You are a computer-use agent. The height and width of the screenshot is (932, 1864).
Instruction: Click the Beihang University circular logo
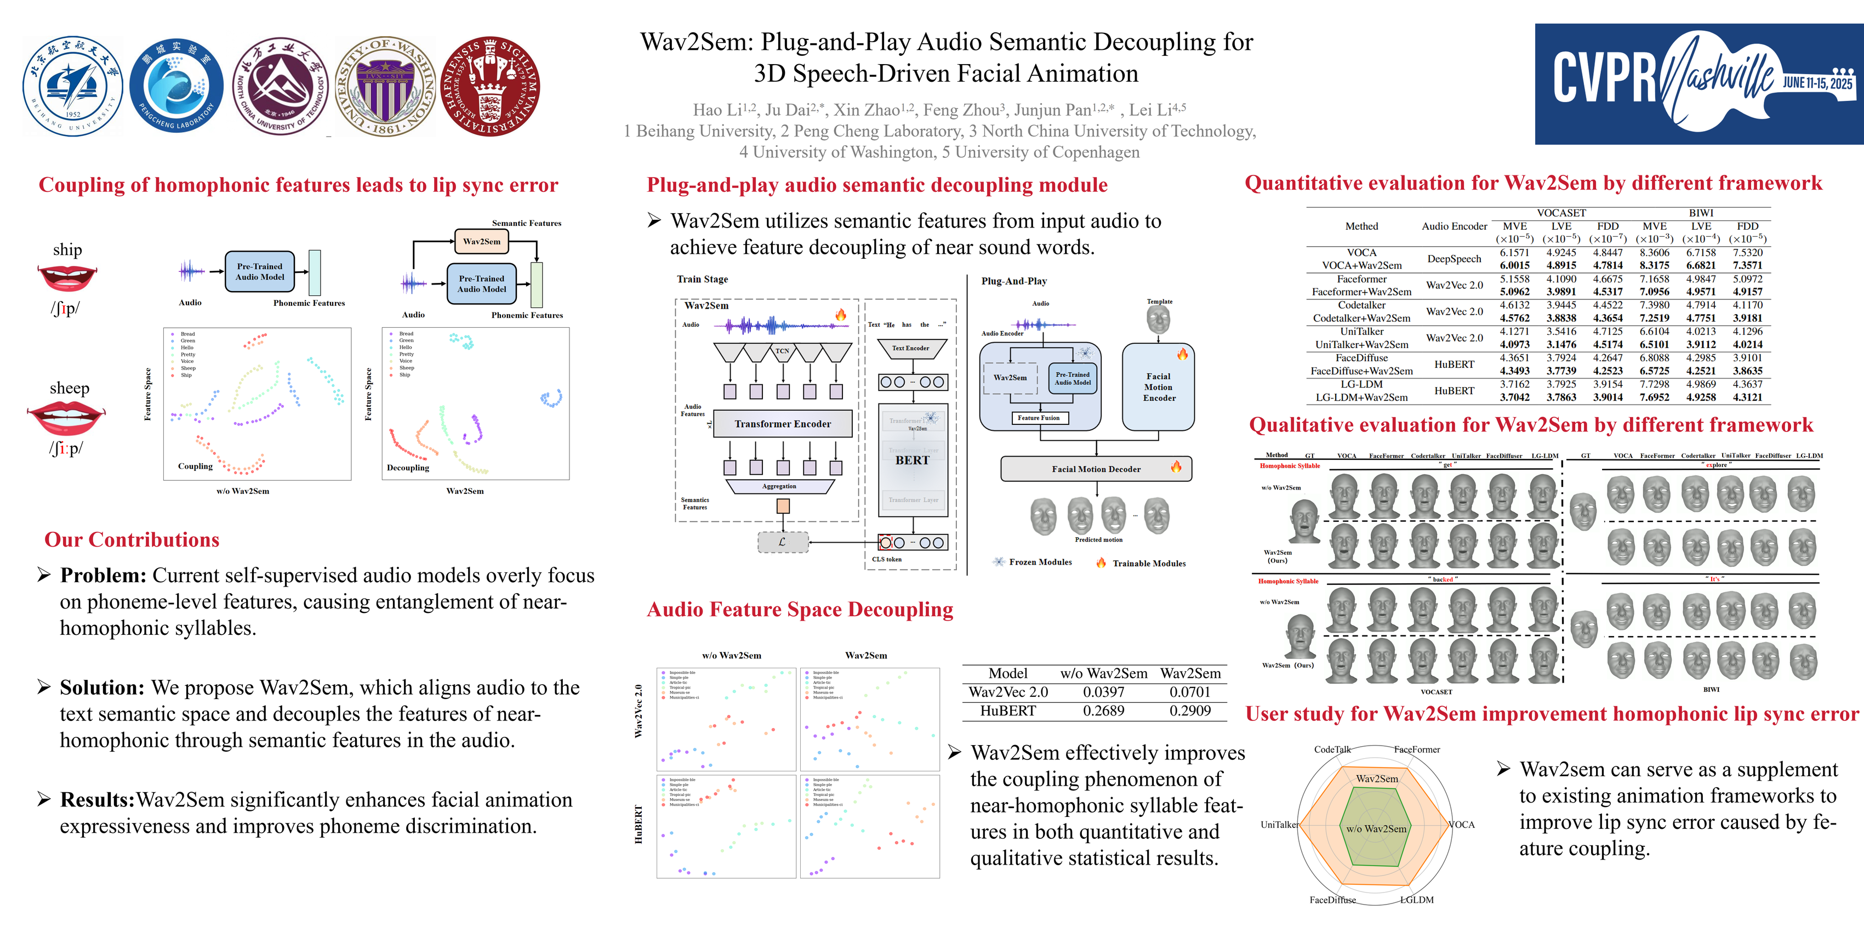tap(72, 87)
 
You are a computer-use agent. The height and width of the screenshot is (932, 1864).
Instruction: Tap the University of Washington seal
tap(387, 87)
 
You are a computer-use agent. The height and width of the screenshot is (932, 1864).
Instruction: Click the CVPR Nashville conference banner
tap(1698, 84)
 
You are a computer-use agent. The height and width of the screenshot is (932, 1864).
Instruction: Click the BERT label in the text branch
tap(913, 460)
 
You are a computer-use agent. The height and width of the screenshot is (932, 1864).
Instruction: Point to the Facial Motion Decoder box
tap(1096, 469)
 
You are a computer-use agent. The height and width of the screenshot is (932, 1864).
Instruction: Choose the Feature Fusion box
tap(1039, 418)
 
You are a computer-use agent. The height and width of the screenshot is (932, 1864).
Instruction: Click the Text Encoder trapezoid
tap(910, 349)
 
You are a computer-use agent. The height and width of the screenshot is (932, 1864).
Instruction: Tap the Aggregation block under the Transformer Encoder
tap(779, 486)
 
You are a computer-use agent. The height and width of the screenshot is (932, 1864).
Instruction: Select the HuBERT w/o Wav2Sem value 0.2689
tap(1103, 711)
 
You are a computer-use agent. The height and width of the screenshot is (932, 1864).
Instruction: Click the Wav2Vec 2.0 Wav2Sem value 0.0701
tap(1190, 692)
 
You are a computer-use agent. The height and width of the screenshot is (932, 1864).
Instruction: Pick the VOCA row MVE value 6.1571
tap(1514, 253)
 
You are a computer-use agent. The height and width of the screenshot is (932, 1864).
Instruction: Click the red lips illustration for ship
tap(66, 278)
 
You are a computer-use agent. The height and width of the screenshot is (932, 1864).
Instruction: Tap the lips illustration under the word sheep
tap(66, 418)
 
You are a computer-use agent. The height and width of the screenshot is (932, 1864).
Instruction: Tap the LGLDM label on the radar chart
tap(1416, 900)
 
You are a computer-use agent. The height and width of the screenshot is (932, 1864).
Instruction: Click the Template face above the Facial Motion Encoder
tap(1159, 319)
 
